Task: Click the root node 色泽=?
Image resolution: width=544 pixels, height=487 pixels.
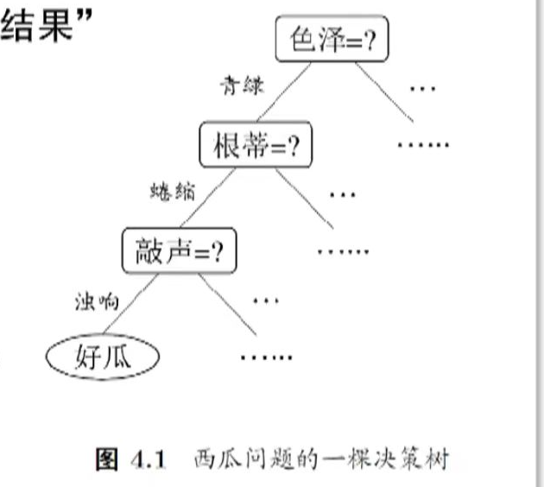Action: pyautogui.click(x=330, y=41)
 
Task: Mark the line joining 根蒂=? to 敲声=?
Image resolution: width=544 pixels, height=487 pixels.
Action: pyautogui.click(x=200, y=199)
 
